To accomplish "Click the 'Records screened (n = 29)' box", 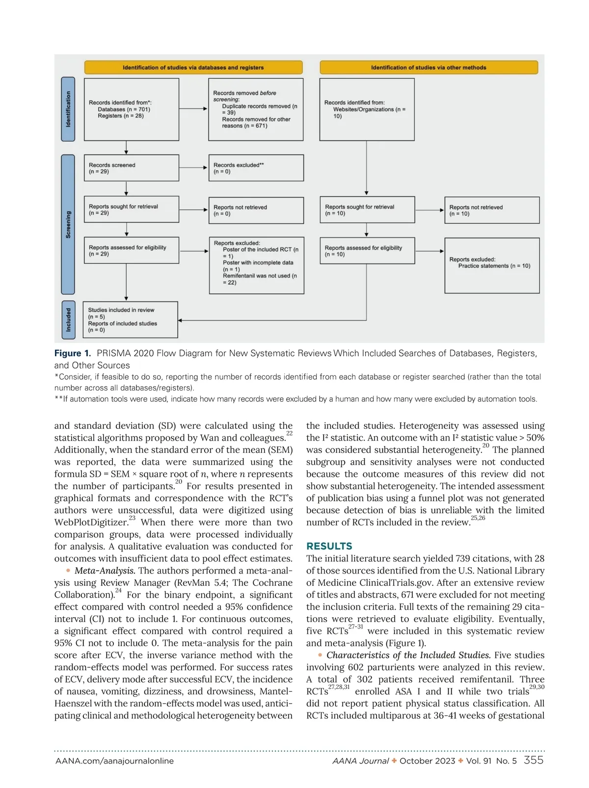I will [x=131, y=168].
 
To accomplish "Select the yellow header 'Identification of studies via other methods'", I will [x=428, y=67].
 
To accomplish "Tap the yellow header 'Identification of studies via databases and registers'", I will [x=193, y=67].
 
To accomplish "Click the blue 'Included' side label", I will [x=68, y=319].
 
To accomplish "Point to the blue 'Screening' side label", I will [x=68, y=224].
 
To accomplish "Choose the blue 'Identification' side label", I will [x=68, y=109].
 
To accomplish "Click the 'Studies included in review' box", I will [x=130, y=320].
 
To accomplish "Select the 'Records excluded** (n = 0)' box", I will [x=256, y=168].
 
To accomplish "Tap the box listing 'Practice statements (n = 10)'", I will [x=492, y=265].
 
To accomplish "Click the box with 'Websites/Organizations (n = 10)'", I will [x=367, y=109].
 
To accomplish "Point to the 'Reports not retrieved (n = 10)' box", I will [x=492, y=210].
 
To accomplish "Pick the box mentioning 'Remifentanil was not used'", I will [x=256, y=265].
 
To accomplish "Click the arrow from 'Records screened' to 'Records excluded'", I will [x=194, y=168].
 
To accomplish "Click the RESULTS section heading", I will [x=329, y=546].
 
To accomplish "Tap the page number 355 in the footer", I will [x=534, y=760].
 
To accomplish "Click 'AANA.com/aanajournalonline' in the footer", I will [x=114, y=761].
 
